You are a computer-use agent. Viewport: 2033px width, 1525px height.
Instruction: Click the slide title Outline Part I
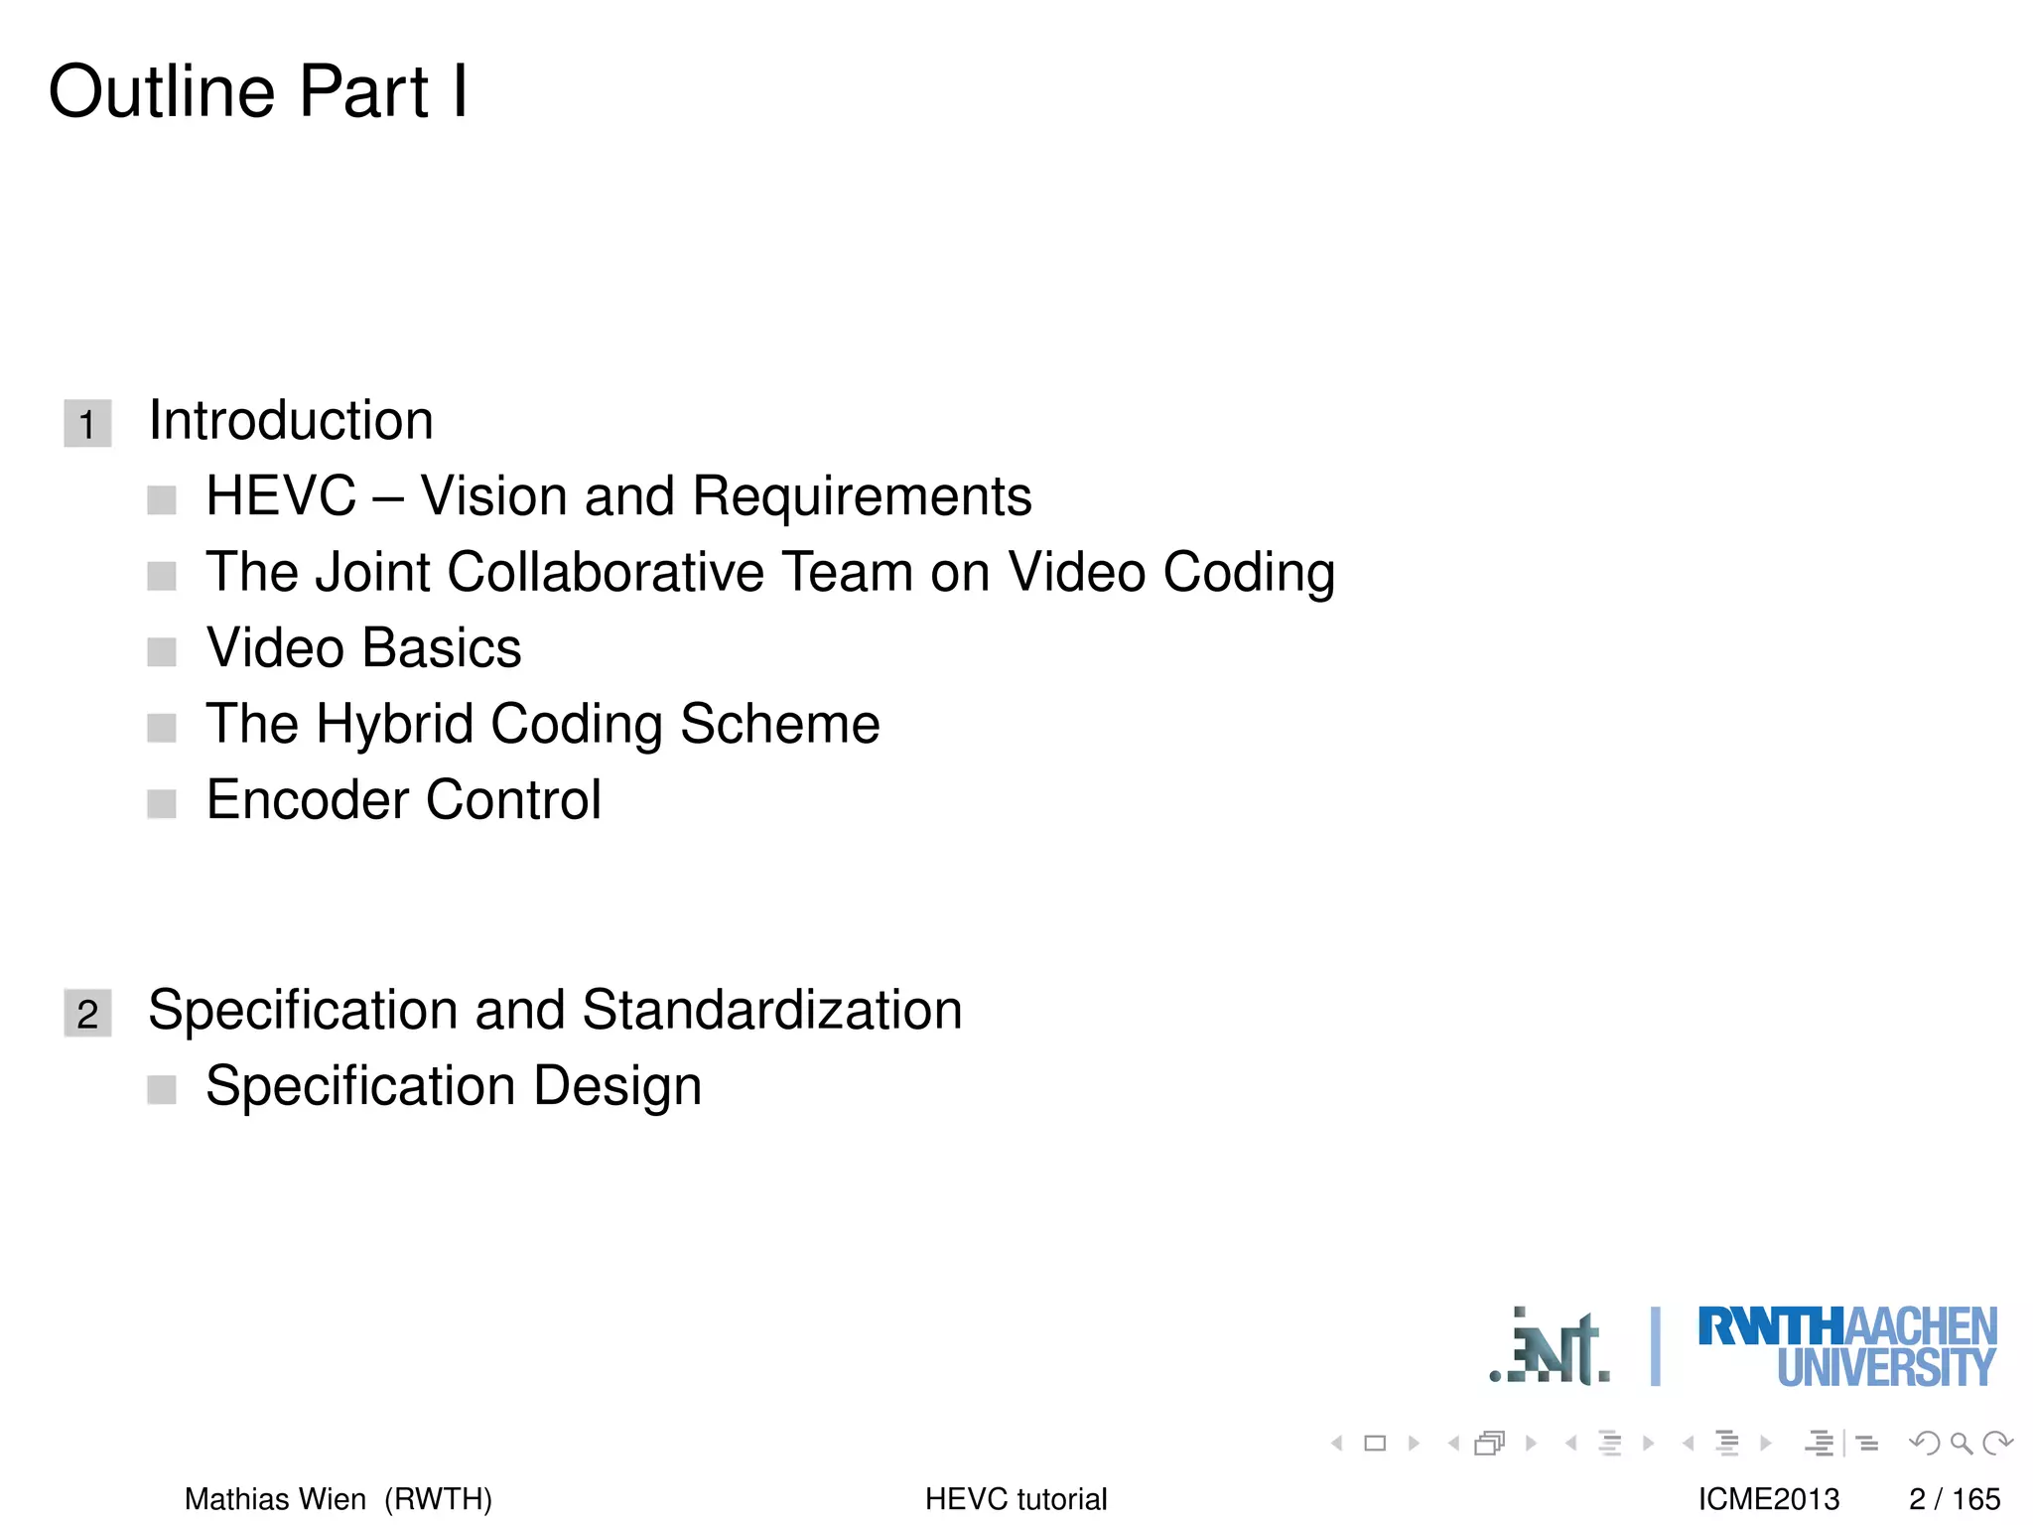click(x=258, y=91)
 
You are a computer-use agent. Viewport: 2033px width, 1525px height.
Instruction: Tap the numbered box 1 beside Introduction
click(x=87, y=424)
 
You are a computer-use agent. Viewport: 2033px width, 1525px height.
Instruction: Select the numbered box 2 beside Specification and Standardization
click(x=87, y=1013)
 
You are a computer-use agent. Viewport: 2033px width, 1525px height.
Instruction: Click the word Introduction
click(x=291, y=420)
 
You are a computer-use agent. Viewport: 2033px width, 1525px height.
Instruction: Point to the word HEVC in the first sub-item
click(x=281, y=495)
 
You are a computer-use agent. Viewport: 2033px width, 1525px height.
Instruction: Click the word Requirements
click(x=862, y=495)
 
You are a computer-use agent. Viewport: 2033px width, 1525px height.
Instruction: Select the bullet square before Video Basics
click(x=162, y=651)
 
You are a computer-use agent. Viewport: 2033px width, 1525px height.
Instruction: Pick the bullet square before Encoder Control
click(x=162, y=803)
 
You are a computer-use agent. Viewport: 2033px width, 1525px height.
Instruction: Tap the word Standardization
click(x=771, y=1010)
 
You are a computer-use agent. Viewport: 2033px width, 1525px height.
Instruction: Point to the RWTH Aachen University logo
click(x=1846, y=1346)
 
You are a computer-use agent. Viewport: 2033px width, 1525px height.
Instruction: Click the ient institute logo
click(x=1551, y=1347)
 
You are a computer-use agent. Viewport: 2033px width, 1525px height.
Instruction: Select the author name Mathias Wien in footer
click(x=275, y=1498)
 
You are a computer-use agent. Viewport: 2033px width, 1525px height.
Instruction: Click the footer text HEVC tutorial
click(x=1016, y=1498)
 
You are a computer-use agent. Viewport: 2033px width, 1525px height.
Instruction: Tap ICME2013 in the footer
click(x=1768, y=1498)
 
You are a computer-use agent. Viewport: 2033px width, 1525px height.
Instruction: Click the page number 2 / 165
click(x=1954, y=1498)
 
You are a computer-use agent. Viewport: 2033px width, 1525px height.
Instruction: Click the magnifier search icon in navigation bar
click(x=1961, y=1443)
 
